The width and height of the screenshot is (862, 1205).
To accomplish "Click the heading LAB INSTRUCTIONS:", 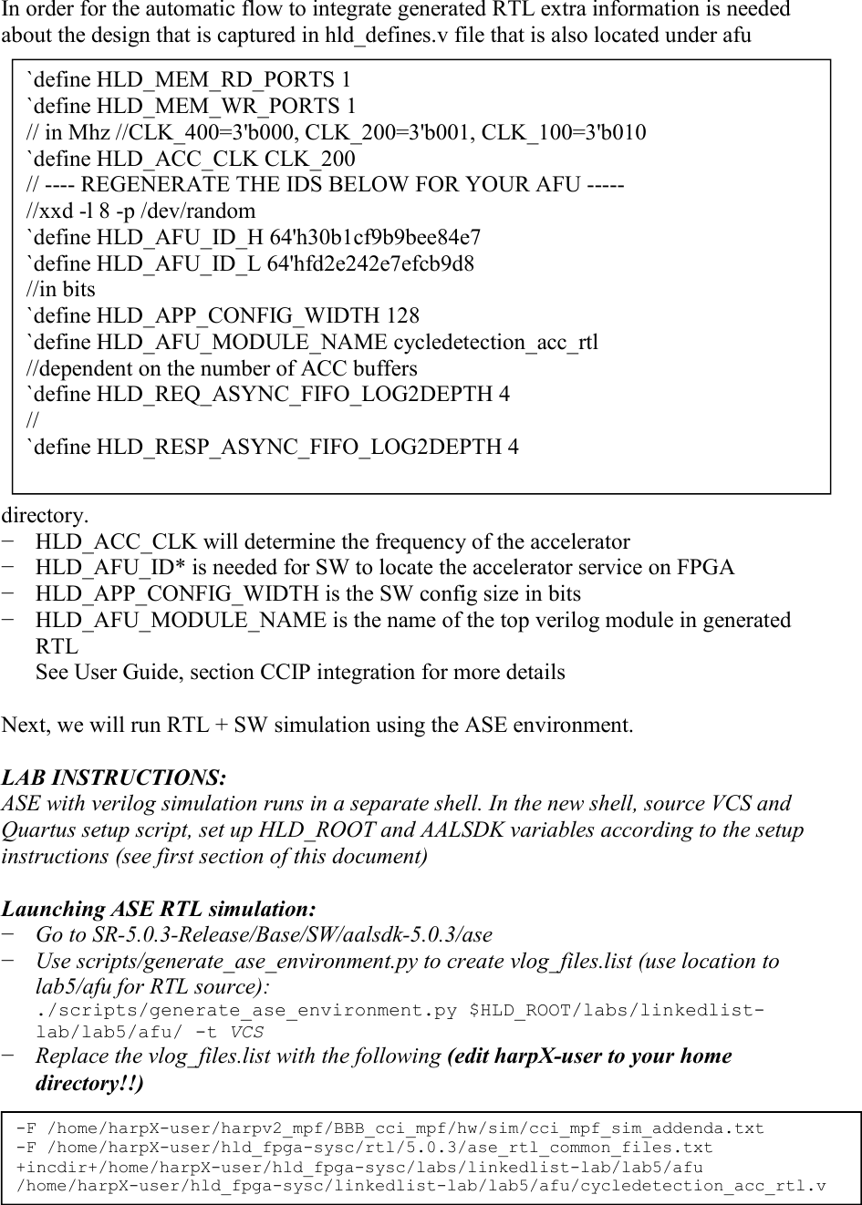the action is [x=114, y=778].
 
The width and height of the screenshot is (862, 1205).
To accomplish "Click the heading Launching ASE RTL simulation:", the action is [x=160, y=910].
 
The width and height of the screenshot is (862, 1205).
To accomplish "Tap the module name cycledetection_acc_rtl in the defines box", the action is [x=495, y=343].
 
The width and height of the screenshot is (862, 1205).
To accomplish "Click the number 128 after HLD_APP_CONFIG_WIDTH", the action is [x=403, y=316].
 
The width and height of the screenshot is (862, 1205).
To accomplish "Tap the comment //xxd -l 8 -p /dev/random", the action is [x=141, y=211].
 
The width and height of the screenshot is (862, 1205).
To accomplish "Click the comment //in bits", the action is [x=60, y=290].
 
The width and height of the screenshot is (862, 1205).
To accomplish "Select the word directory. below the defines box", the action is [x=45, y=516].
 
